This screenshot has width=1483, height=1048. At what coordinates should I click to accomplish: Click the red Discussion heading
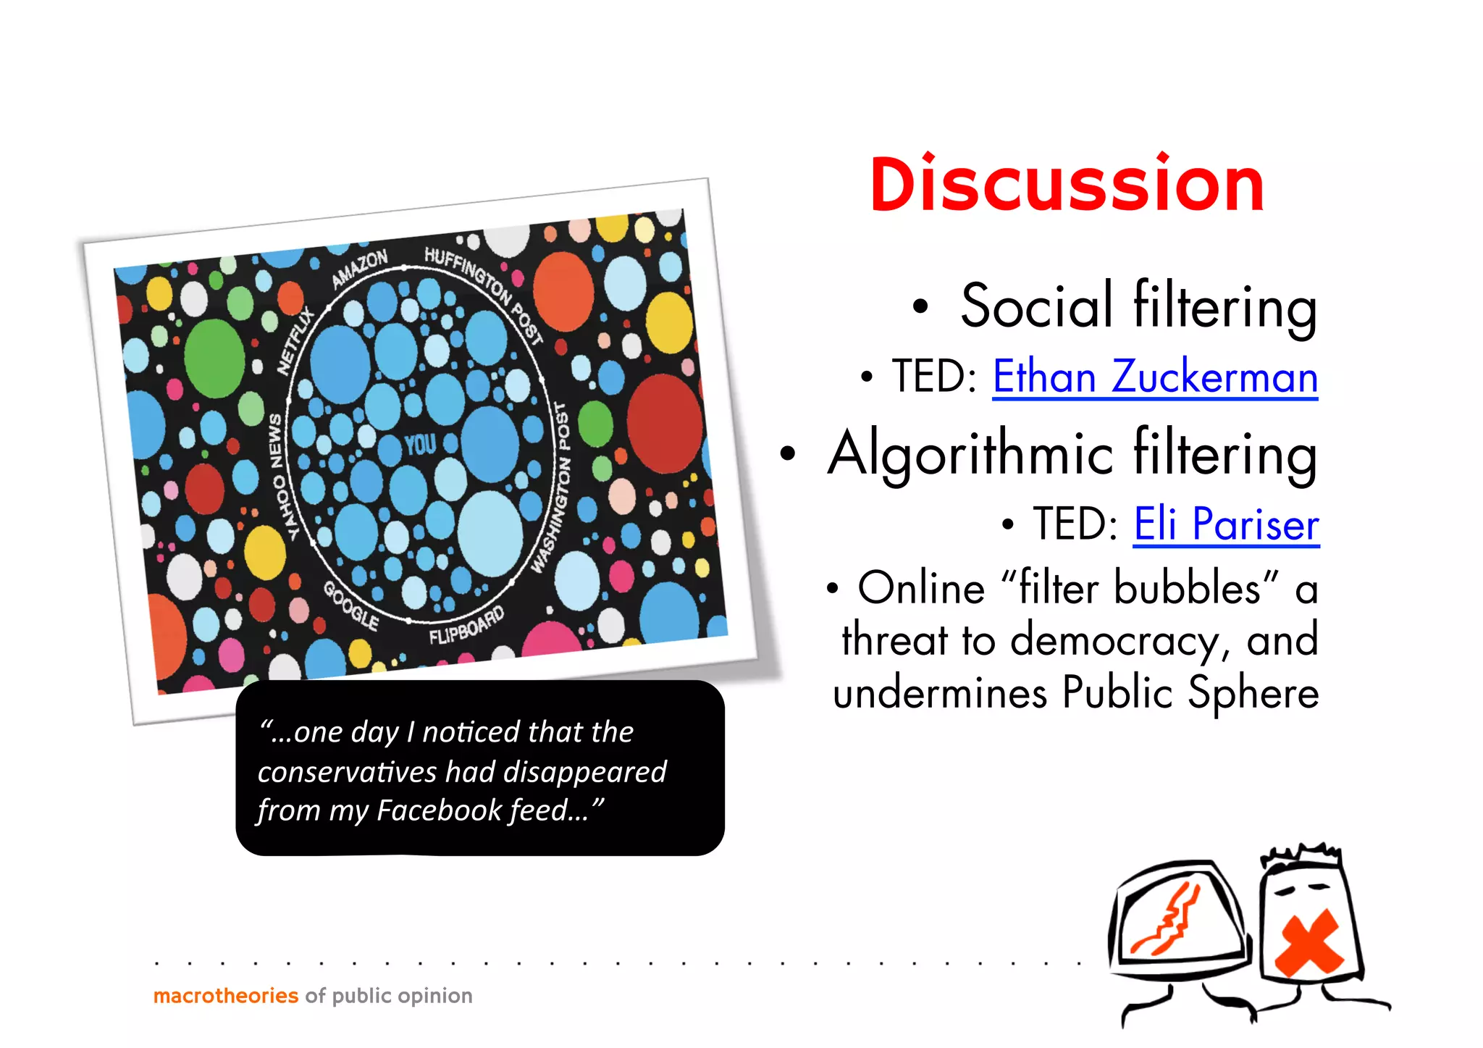pyautogui.click(x=1067, y=185)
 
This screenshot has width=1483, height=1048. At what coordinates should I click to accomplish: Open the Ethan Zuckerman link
pyautogui.click(x=1154, y=377)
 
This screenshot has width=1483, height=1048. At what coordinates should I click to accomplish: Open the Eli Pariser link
pyautogui.click(x=1226, y=524)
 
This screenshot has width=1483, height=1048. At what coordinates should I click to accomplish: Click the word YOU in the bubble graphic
pyautogui.click(x=420, y=444)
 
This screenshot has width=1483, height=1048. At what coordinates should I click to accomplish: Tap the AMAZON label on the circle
pyautogui.click(x=360, y=269)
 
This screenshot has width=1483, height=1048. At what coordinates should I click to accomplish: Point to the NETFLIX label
pyautogui.click(x=296, y=340)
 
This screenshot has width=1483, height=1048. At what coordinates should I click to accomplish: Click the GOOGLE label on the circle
pyautogui.click(x=351, y=605)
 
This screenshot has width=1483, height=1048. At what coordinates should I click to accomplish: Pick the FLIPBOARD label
pyautogui.click(x=466, y=626)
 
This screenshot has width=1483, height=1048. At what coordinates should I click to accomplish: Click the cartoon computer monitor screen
pyautogui.click(x=1179, y=918)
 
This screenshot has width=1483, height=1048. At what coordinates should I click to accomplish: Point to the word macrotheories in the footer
pyautogui.click(x=226, y=996)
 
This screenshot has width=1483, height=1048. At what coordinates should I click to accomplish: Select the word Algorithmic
pyautogui.click(x=970, y=455)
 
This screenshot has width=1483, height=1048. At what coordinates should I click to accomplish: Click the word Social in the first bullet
pyautogui.click(x=1036, y=307)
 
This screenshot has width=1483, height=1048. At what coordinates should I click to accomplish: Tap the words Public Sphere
pyautogui.click(x=1190, y=693)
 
